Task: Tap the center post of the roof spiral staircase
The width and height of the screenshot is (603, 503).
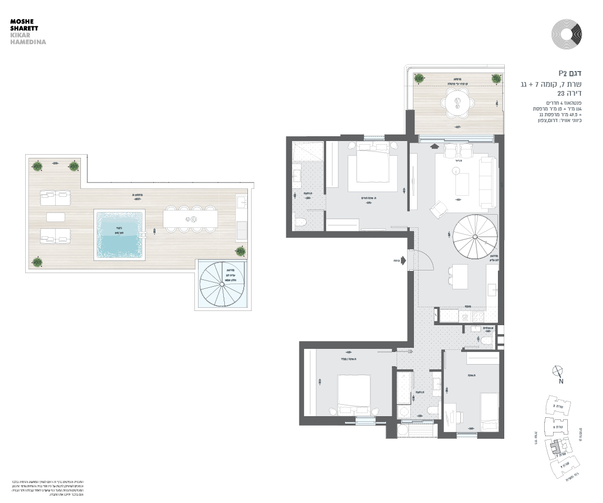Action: tap(222, 286)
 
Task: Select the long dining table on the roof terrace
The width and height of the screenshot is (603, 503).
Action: tap(190, 219)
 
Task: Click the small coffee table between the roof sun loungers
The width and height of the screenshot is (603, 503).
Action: tap(55, 217)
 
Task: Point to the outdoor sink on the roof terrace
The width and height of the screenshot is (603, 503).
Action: tap(242, 202)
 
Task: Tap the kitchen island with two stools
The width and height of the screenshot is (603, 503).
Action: tap(460, 276)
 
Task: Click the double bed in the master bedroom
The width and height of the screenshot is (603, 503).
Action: tap(373, 163)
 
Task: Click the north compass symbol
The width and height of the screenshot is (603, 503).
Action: tap(558, 371)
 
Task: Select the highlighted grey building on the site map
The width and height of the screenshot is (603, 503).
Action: tap(556, 449)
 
